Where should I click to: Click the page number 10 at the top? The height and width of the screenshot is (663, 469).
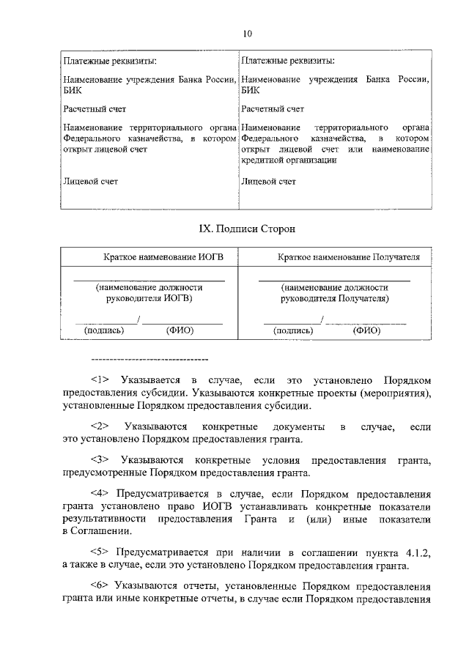click(247, 33)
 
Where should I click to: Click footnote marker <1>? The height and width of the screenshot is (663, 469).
click(100, 379)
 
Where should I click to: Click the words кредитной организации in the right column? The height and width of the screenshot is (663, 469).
click(289, 160)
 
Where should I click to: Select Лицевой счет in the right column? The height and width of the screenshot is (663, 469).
click(268, 181)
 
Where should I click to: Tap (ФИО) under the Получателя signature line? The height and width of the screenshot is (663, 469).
click(366, 330)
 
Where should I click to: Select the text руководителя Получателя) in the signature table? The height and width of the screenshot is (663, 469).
click(335, 299)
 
